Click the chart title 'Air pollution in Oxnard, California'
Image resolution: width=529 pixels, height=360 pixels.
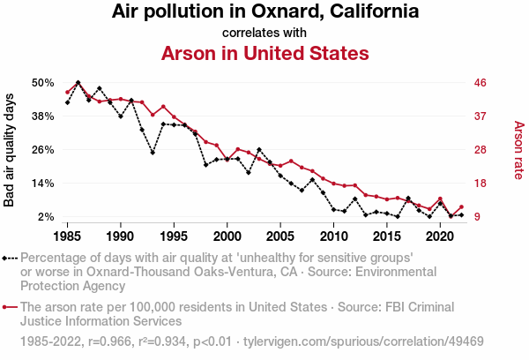tap(264, 12)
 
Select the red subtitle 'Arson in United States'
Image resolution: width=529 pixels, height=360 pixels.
tap(264, 53)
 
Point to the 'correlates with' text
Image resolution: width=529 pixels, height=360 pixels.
tap(264, 33)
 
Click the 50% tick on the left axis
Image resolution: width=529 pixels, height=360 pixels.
tap(43, 83)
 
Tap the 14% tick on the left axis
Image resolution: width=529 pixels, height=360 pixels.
tap(43, 184)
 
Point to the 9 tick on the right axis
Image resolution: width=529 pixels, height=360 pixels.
tap(476, 217)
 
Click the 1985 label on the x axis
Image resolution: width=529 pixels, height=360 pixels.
tap(68, 236)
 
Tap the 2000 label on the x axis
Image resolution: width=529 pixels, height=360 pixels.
tap(227, 236)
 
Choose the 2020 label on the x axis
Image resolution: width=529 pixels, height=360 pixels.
tap(440, 236)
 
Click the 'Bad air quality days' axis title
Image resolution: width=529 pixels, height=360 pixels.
tap(10, 150)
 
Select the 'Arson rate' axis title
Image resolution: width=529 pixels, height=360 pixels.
tap(518, 150)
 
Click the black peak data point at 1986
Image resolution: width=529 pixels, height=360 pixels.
tap(78, 83)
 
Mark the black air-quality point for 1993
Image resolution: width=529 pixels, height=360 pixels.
tap(153, 153)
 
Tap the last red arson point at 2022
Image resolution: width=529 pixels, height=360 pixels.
tap(461, 206)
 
